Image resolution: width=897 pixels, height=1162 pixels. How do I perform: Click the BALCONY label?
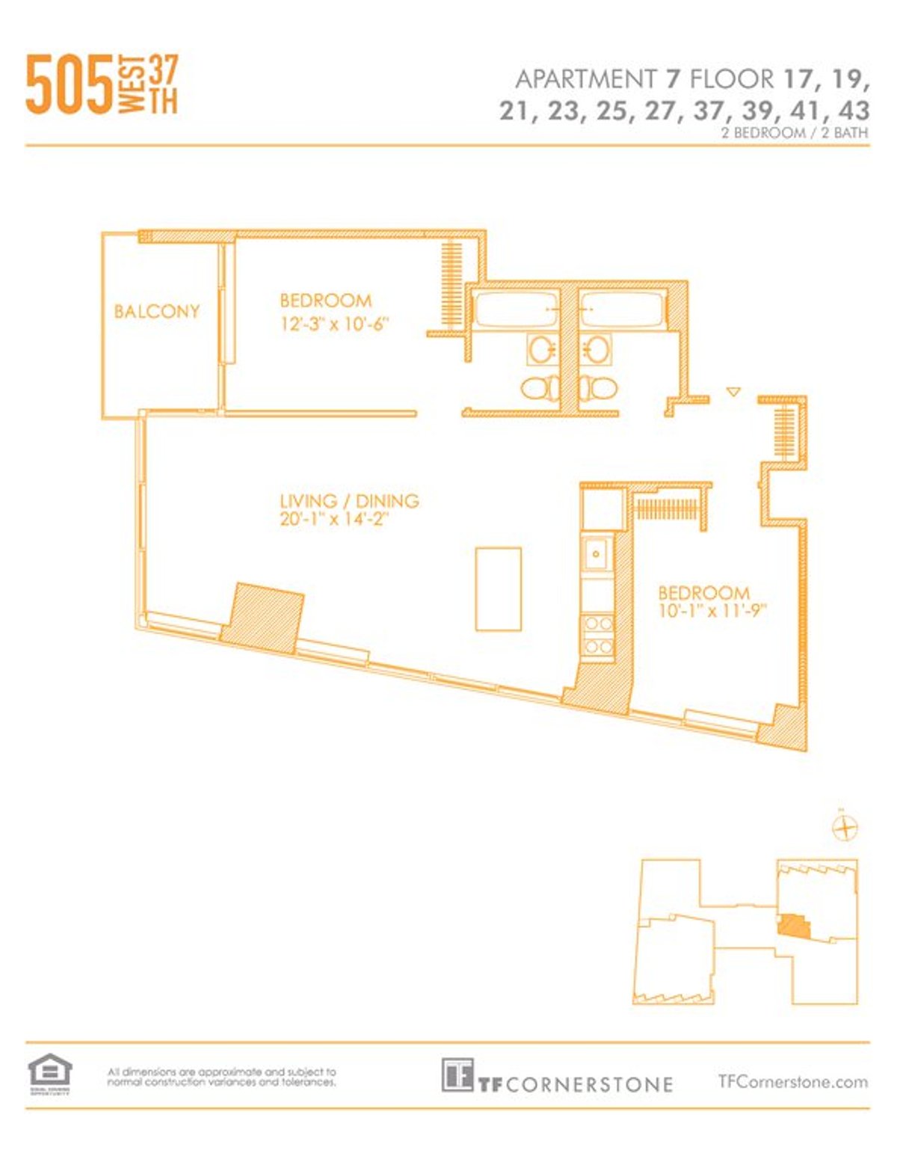coord(157,311)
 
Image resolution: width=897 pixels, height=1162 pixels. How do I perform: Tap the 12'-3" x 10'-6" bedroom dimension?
coord(336,325)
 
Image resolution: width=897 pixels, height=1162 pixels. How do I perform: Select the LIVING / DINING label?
coord(349,501)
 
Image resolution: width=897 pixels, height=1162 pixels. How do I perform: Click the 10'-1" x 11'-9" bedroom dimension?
coord(713,612)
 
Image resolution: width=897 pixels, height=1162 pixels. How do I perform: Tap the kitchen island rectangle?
coord(499,589)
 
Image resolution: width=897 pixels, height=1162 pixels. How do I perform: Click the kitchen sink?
coord(597,554)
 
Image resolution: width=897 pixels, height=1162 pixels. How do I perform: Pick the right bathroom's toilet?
coord(599,387)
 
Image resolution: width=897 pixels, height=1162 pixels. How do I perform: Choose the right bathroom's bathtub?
coord(622,309)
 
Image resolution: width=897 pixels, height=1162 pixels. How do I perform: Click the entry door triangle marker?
coord(734,391)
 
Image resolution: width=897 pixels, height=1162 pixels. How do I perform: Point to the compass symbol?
coord(845,828)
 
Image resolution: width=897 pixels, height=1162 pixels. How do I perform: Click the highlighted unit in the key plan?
coord(793,926)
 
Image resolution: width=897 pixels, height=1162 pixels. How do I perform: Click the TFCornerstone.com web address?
coord(792,1081)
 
